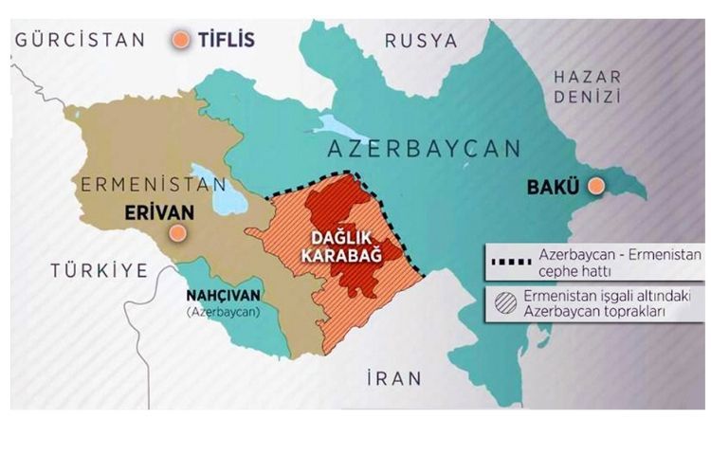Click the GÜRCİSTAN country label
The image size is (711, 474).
80,40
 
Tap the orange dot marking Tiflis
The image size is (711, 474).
179,40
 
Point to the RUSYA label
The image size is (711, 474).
421,41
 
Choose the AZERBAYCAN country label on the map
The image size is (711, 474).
423,148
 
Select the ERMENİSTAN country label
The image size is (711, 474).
154,184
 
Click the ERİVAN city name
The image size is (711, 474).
157,213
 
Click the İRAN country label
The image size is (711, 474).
393,378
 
